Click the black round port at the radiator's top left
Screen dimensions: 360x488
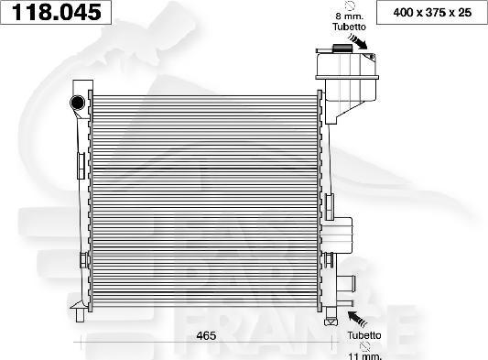78,100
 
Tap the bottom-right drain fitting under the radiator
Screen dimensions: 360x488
331,319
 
